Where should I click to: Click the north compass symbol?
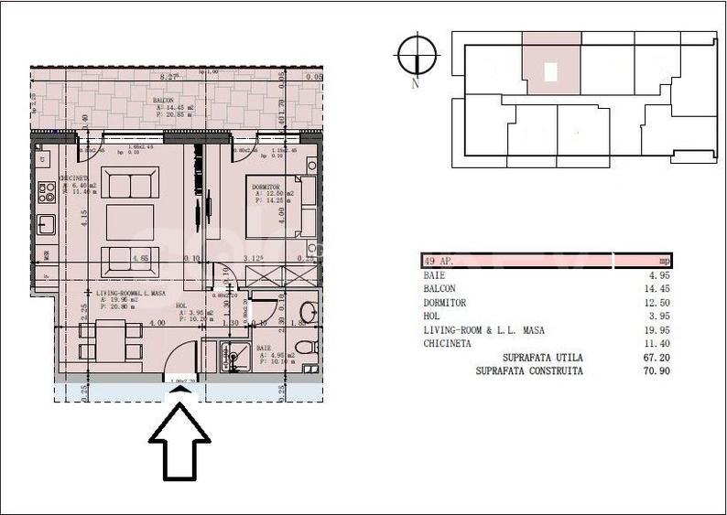tap(417, 56)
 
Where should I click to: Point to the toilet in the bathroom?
tap(306, 347)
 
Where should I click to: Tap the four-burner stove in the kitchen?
tap(46, 193)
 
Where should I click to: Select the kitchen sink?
tap(46, 225)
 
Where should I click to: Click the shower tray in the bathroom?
tap(231, 356)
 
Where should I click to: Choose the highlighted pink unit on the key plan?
tap(551, 64)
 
